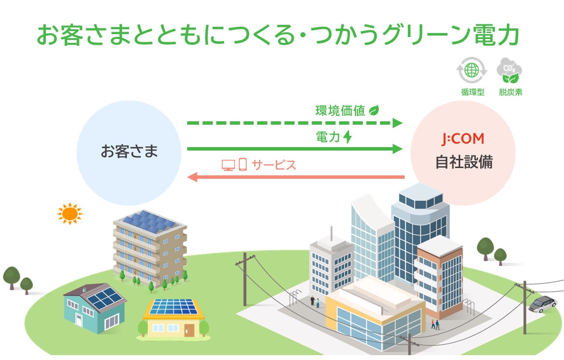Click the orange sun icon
point(70,213)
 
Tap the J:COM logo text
point(463,139)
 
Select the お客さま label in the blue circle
point(129,151)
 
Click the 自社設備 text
point(463,162)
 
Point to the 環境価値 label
point(340,111)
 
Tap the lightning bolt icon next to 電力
point(348,137)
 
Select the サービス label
point(274,165)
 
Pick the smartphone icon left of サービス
point(242,165)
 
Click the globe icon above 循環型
point(472,71)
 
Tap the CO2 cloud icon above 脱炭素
point(508,71)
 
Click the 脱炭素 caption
point(510,92)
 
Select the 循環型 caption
point(472,92)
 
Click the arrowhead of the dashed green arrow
point(397,123)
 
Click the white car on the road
point(542,304)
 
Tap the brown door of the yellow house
point(189,330)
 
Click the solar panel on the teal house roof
point(103,299)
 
